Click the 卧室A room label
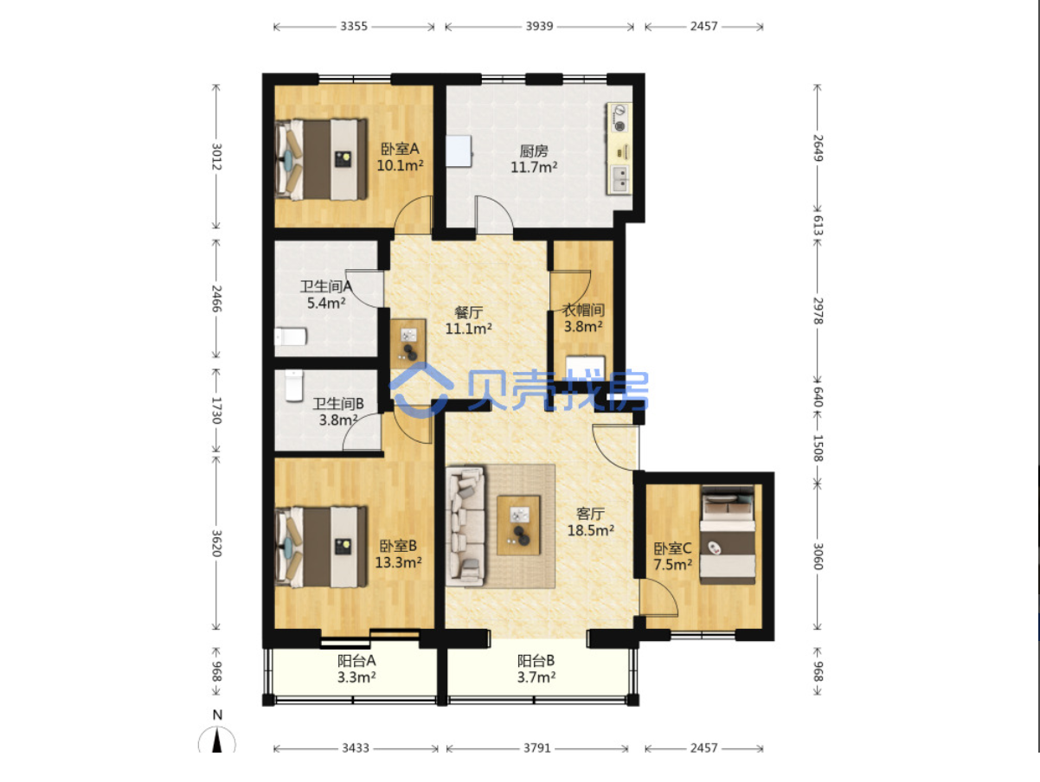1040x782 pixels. (x=400, y=149)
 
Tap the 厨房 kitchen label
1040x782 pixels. (x=534, y=151)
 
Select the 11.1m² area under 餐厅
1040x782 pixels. (x=469, y=328)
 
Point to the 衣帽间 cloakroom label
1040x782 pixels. (x=583, y=311)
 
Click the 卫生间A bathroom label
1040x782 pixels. (x=326, y=286)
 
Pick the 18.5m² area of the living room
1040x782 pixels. (x=591, y=530)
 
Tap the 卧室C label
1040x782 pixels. (x=672, y=548)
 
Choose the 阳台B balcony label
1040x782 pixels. (x=536, y=661)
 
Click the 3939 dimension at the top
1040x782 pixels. (x=539, y=26)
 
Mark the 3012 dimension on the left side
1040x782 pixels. (x=216, y=157)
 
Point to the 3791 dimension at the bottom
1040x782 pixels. (x=536, y=748)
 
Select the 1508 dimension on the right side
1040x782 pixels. (x=819, y=448)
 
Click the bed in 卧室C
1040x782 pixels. (x=728, y=535)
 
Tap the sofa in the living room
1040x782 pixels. (x=465, y=525)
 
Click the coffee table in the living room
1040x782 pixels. (x=518, y=525)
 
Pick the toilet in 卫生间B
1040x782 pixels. (x=294, y=386)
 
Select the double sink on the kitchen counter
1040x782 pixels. (x=620, y=179)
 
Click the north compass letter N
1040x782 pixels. (x=217, y=715)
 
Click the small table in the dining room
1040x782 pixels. (x=408, y=344)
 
